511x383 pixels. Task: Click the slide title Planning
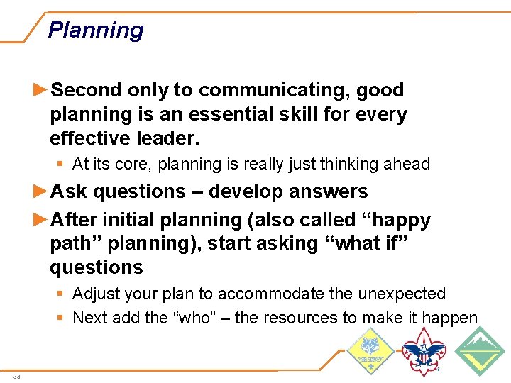tap(96, 30)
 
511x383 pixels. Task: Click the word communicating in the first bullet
tap(275, 90)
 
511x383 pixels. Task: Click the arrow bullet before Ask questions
tap(41, 191)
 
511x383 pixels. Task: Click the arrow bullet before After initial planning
tap(41, 220)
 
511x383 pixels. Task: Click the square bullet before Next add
tap(62, 318)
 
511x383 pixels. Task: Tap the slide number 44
tap(16, 377)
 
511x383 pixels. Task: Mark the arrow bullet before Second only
tap(41, 90)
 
